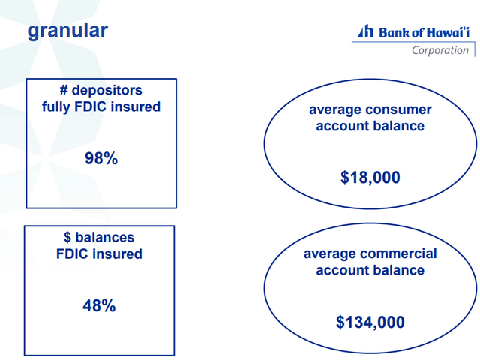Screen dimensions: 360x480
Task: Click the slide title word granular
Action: [x=67, y=31]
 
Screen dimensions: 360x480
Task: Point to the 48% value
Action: [x=99, y=305]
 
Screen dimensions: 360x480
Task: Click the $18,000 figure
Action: [x=370, y=178]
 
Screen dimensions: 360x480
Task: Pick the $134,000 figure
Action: [x=370, y=322]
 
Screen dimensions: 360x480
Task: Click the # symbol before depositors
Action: [x=64, y=90]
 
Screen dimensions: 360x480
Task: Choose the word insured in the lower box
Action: [x=117, y=253]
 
